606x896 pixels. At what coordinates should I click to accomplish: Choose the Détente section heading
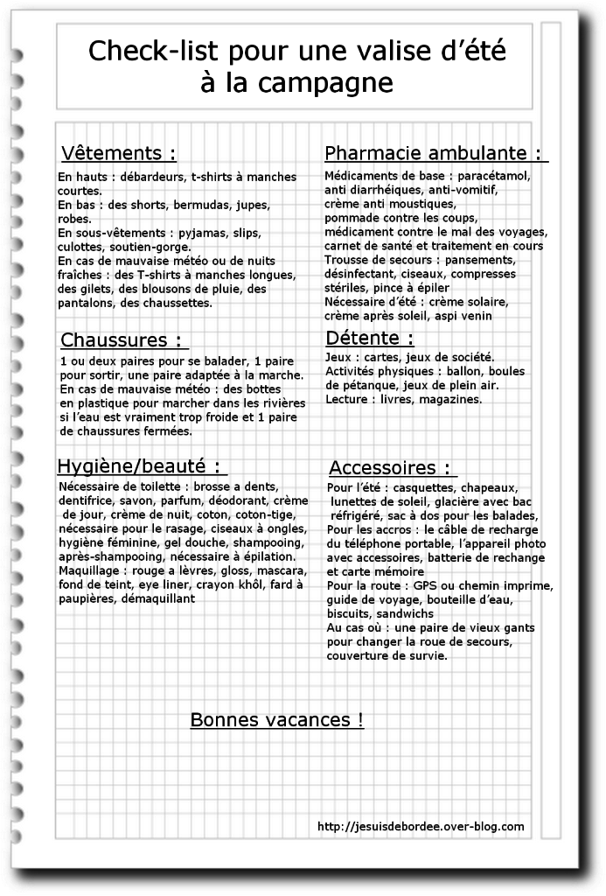369,338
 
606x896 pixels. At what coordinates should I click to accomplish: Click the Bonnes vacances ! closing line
276,720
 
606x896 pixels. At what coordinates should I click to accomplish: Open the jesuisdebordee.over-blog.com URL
421,826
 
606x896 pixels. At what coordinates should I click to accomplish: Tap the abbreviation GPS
424,585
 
